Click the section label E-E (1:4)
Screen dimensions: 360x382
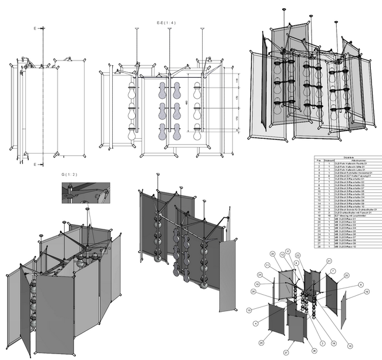point(166,22)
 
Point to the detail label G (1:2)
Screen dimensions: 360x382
point(69,175)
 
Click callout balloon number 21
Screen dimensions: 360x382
point(329,261)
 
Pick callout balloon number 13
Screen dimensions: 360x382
point(249,310)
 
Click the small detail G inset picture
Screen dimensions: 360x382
point(85,193)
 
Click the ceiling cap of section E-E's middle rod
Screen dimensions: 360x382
point(169,28)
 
